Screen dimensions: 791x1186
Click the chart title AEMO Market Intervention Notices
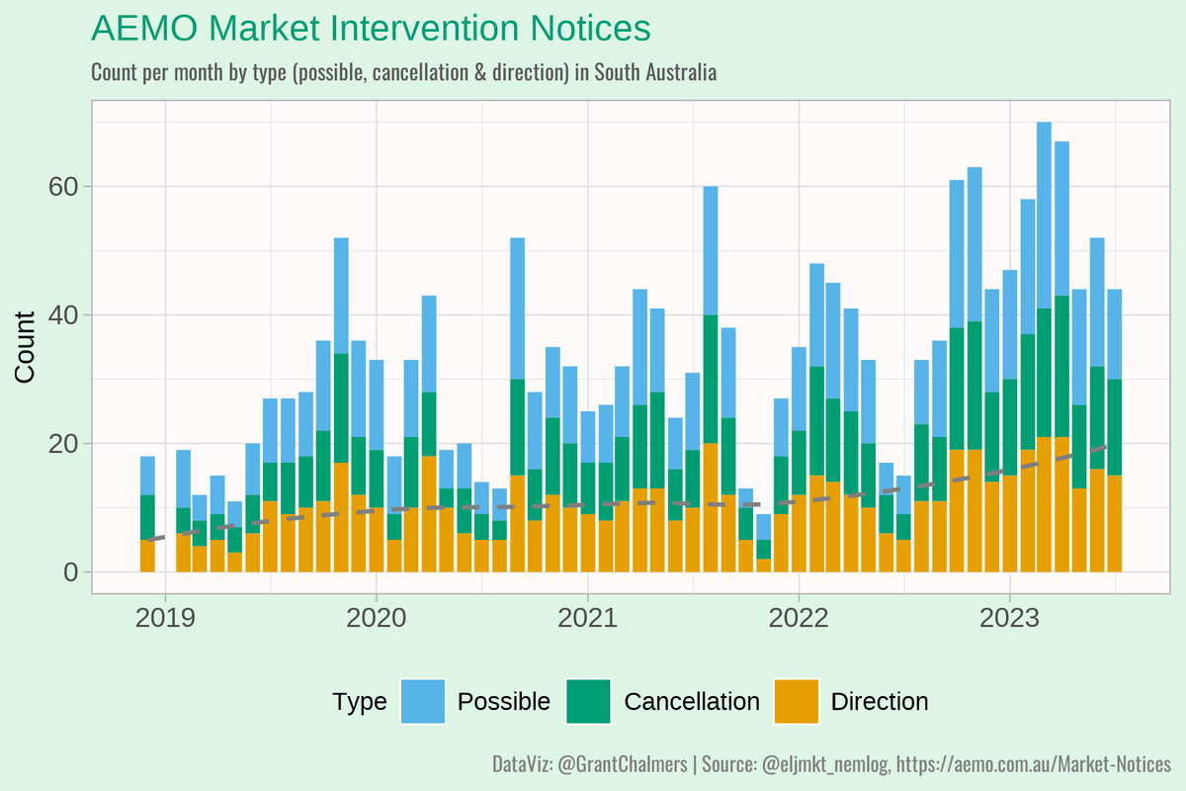tap(371, 29)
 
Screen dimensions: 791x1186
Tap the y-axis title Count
tap(26, 346)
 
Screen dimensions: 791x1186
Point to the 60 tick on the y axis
tap(62, 187)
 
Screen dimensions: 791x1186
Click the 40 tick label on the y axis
tap(62, 315)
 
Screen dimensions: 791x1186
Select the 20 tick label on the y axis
tap(62, 444)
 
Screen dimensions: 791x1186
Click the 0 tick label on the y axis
tap(69, 572)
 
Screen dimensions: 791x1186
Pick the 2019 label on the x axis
tap(165, 619)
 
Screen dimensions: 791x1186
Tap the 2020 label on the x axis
tap(376, 619)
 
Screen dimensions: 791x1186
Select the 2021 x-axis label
tap(587, 619)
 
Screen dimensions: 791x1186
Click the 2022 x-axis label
tap(798, 619)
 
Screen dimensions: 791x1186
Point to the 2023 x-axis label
tap(1008, 619)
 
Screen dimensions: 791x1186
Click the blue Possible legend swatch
tap(423, 702)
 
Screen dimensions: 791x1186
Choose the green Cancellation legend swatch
tap(589, 702)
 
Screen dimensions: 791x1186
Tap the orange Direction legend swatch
tap(797, 702)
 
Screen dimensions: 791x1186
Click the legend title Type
tap(360, 702)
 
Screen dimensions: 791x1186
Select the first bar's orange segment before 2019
tap(147, 556)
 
